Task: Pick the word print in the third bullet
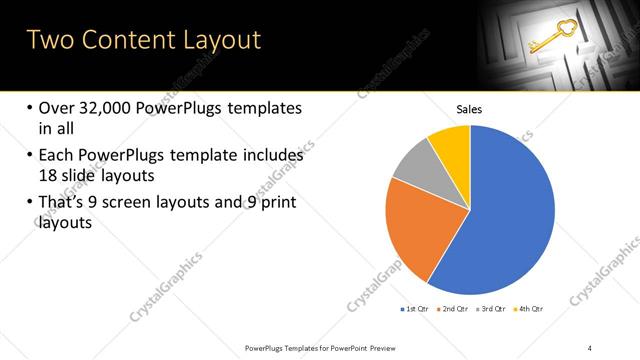(x=278, y=203)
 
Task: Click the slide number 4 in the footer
(x=590, y=347)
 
